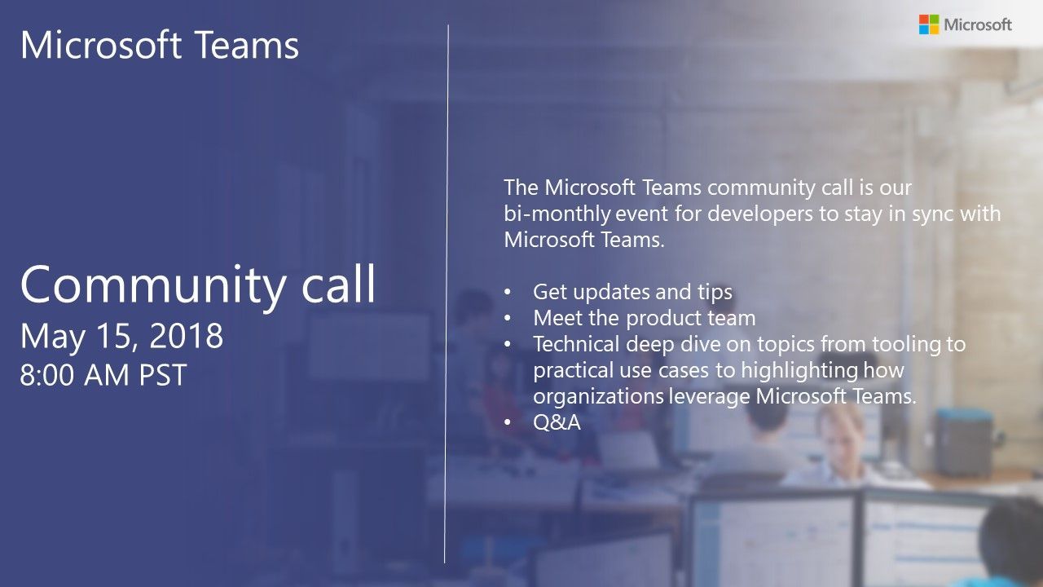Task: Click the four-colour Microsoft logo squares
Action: (928, 24)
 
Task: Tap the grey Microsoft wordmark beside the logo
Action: (978, 24)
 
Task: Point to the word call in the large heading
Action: (337, 284)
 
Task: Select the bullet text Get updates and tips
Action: (632, 292)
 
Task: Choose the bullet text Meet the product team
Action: (644, 318)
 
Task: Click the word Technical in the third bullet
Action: (575, 344)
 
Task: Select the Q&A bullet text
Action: (557, 422)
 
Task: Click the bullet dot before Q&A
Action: (509, 422)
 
